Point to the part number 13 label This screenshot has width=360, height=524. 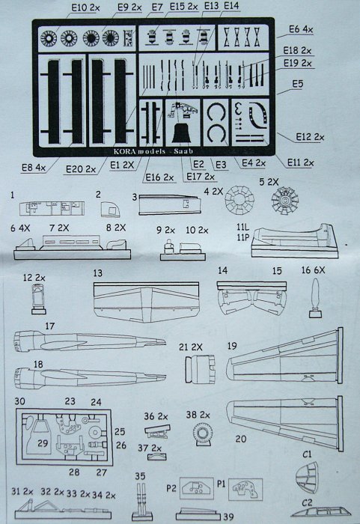coord(97,275)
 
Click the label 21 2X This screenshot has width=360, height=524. coord(191,347)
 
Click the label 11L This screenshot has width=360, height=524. coord(241,224)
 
